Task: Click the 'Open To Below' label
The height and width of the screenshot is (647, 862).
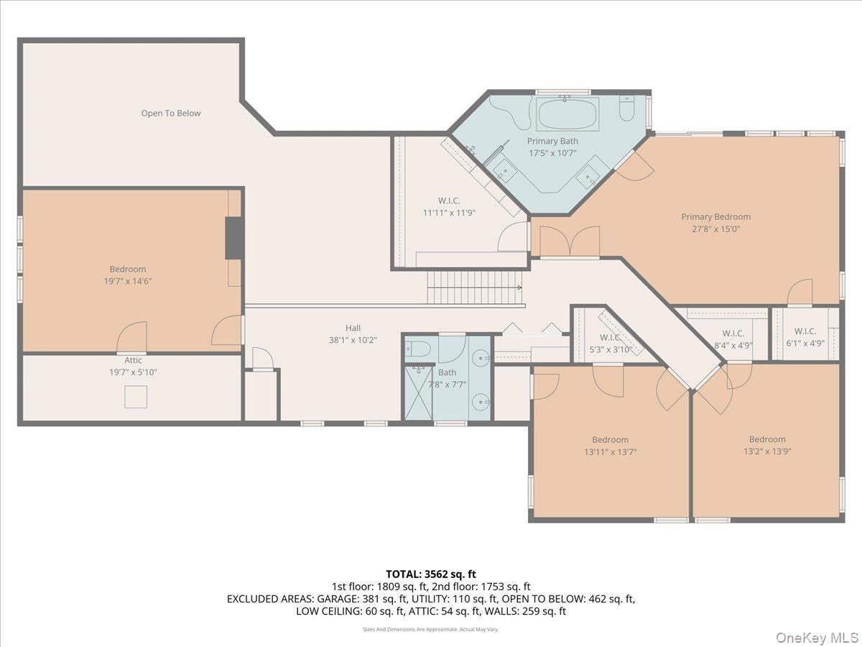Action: pyautogui.click(x=170, y=113)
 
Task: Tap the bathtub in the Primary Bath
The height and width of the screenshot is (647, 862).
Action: pyautogui.click(x=567, y=114)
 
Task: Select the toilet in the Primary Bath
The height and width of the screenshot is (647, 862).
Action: pyautogui.click(x=627, y=109)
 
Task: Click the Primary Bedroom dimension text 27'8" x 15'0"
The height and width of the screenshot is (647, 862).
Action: pyautogui.click(x=715, y=229)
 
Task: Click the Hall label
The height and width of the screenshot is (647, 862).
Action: pyautogui.click(x=353, y=327)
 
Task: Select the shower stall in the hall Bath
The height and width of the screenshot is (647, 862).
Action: pyautogui.click(x=418, y=393)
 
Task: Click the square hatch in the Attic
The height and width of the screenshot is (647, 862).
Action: pyautogui.click(x=136, y=396)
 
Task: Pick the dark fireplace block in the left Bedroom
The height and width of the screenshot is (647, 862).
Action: pyautogui.click(x=234, y=237)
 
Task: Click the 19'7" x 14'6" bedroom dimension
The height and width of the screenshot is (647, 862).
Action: pyautogui.click(x=128, y=282)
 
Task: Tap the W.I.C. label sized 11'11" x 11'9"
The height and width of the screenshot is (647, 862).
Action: pyautogui.click(x=449, y=213)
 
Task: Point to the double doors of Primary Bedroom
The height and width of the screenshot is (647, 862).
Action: pyautogui.click(x=570, y=242)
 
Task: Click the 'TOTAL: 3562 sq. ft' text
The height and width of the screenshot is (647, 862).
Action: pyautogui.click(x=431, y=574)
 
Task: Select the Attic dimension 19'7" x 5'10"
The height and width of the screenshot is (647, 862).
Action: pyautogui.click(x=133, y=372)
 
